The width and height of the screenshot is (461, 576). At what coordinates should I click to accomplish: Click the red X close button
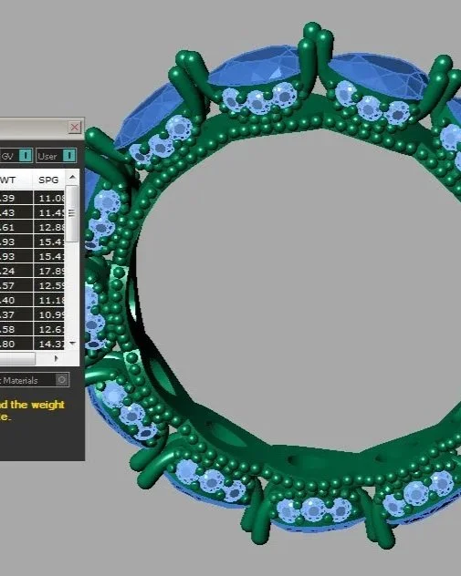75,127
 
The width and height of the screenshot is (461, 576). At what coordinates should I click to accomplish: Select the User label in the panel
47,157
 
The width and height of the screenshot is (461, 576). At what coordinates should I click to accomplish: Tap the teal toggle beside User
69,157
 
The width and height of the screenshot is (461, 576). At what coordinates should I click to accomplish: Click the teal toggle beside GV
26,157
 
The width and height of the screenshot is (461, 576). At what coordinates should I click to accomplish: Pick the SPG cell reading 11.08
50,198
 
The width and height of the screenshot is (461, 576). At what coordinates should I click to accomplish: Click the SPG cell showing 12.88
50,227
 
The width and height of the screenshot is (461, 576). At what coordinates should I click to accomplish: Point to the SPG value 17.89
50,270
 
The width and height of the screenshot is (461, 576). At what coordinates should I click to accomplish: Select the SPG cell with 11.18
50,300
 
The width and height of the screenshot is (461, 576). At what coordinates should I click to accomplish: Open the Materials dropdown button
61,379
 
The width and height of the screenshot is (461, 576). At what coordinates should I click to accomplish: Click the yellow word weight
47,404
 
